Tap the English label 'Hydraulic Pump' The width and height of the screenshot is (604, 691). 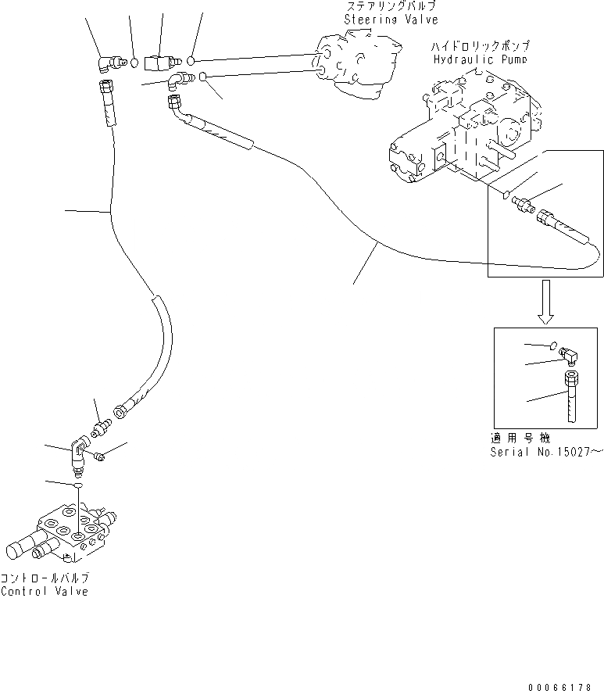click(480, 59)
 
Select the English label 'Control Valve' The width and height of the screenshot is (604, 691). click(45, 591)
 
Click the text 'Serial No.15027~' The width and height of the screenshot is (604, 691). click(546, 452)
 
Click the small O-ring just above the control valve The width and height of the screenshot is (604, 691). click(78, 485)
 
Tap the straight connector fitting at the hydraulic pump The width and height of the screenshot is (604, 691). click(521, 204)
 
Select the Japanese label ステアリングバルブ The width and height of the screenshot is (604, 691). click(385, 6)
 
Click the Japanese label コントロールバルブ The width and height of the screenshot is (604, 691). click(45, 578)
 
